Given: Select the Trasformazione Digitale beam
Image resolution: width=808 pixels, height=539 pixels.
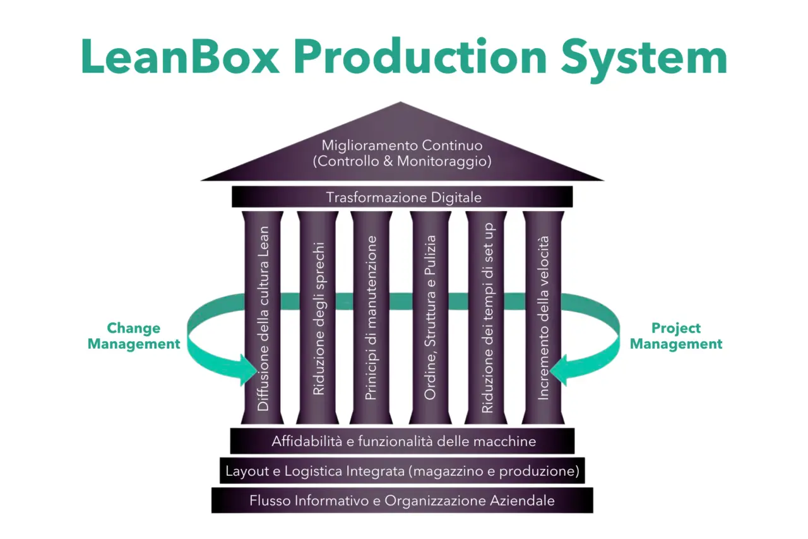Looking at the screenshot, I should pos(403,197).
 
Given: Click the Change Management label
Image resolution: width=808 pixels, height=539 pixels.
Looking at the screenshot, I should pos(134,336).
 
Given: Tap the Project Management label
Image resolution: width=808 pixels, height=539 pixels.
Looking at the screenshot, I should pos(676,336).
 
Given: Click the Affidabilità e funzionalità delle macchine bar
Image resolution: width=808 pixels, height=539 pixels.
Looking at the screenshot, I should pos(403,441).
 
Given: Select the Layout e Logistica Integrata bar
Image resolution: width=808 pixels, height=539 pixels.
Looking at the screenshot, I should pos(402,471).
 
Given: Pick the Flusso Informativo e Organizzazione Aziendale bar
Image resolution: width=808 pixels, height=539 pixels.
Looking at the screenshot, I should pos(402,500).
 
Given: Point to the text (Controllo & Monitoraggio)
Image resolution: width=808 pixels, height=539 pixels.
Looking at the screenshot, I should pos(402,161).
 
